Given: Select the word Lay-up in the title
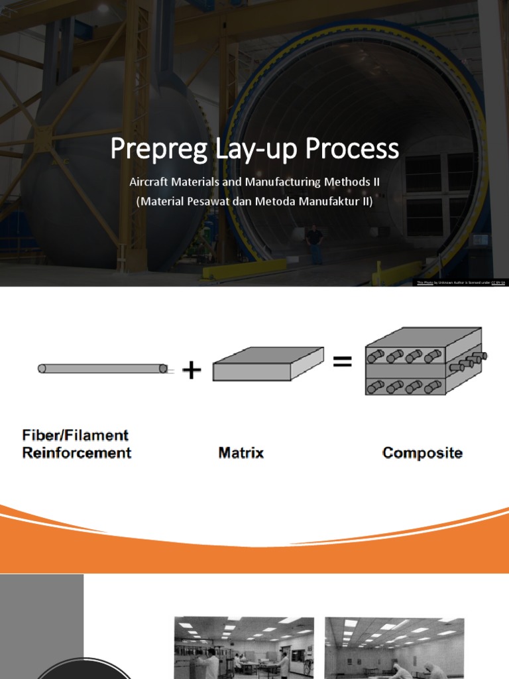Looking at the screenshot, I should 243,149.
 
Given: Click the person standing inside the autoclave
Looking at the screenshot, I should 314,243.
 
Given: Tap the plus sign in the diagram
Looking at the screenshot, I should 192,370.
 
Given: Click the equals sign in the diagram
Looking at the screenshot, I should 342,362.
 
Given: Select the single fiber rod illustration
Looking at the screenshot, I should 103,368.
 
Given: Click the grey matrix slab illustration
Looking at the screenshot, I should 268,365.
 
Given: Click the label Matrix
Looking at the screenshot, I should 241,454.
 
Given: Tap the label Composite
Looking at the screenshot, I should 422,454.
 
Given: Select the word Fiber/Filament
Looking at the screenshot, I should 75,436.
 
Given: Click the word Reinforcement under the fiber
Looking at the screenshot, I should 77,453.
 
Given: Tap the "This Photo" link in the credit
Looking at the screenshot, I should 424,282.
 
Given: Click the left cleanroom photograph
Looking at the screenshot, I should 243,647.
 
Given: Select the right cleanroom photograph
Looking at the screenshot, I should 394,647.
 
